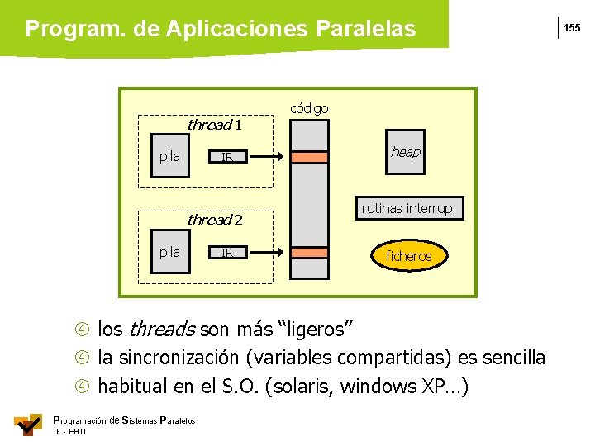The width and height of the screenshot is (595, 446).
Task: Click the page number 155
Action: [x=572, y=29]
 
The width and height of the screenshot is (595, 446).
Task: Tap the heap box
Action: [x=405, y=152]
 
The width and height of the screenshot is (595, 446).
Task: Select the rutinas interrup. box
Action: [x=408, y=209]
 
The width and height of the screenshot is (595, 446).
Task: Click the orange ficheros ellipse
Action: [x=408, y=256]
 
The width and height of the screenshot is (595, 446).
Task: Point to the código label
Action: [x=309, y=108]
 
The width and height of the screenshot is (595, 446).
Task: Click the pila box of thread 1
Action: [x=169, y=156]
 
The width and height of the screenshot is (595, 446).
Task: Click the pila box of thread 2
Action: [x=169, y=252]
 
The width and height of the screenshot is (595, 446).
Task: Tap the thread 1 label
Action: [x=214, y=126]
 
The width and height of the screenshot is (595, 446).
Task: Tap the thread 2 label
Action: [x=214, y=220]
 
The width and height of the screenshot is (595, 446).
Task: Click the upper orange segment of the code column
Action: [x=310, y=156]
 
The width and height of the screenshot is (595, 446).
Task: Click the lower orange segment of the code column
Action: [x=310, y=252]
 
